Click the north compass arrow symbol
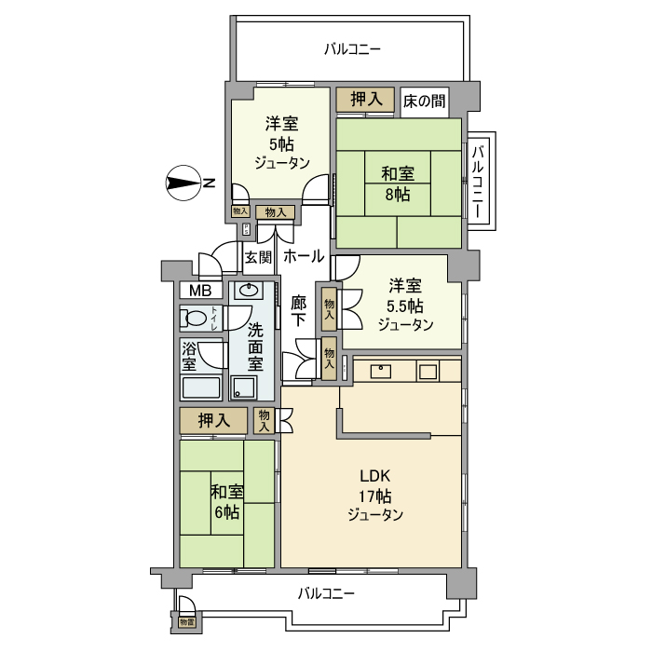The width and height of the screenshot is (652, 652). point(183,183)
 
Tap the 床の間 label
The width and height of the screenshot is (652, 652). point(424,100)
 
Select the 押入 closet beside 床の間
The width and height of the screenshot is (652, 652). point(365,99)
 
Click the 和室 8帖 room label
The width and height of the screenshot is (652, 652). point(398,183)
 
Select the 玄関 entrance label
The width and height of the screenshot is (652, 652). point(257,256)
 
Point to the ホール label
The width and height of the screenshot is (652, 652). point(304,255)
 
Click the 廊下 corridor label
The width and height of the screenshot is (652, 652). point(299,310)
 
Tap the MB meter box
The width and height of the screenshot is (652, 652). point(200,291)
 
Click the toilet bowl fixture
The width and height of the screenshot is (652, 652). point(196,319)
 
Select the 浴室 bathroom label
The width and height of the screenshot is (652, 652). point(189,356)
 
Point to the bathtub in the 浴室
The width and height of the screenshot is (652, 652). point(200,387)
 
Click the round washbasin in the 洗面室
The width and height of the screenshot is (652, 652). point(247,291)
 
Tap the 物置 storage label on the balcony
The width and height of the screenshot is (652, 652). point(186,621)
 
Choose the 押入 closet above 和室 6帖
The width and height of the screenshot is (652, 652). point(214,420)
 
